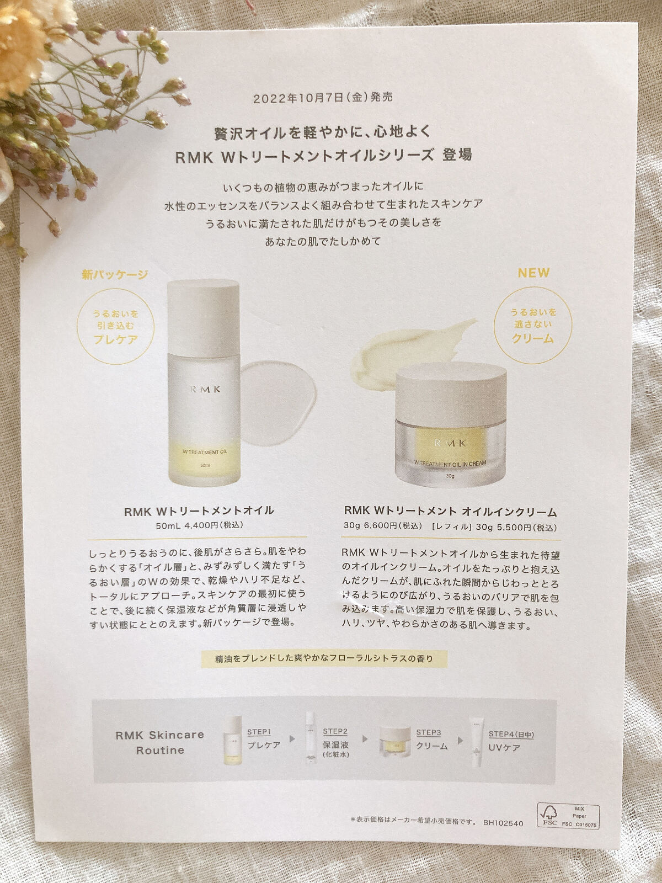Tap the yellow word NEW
pos(533,273)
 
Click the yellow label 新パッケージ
pos(115,274)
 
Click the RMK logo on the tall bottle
pos(204,389)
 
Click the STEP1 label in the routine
pos(259,731)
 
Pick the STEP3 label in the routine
pos(429,732)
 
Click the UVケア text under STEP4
pos(504,748)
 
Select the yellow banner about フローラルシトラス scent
pos(324,658)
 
